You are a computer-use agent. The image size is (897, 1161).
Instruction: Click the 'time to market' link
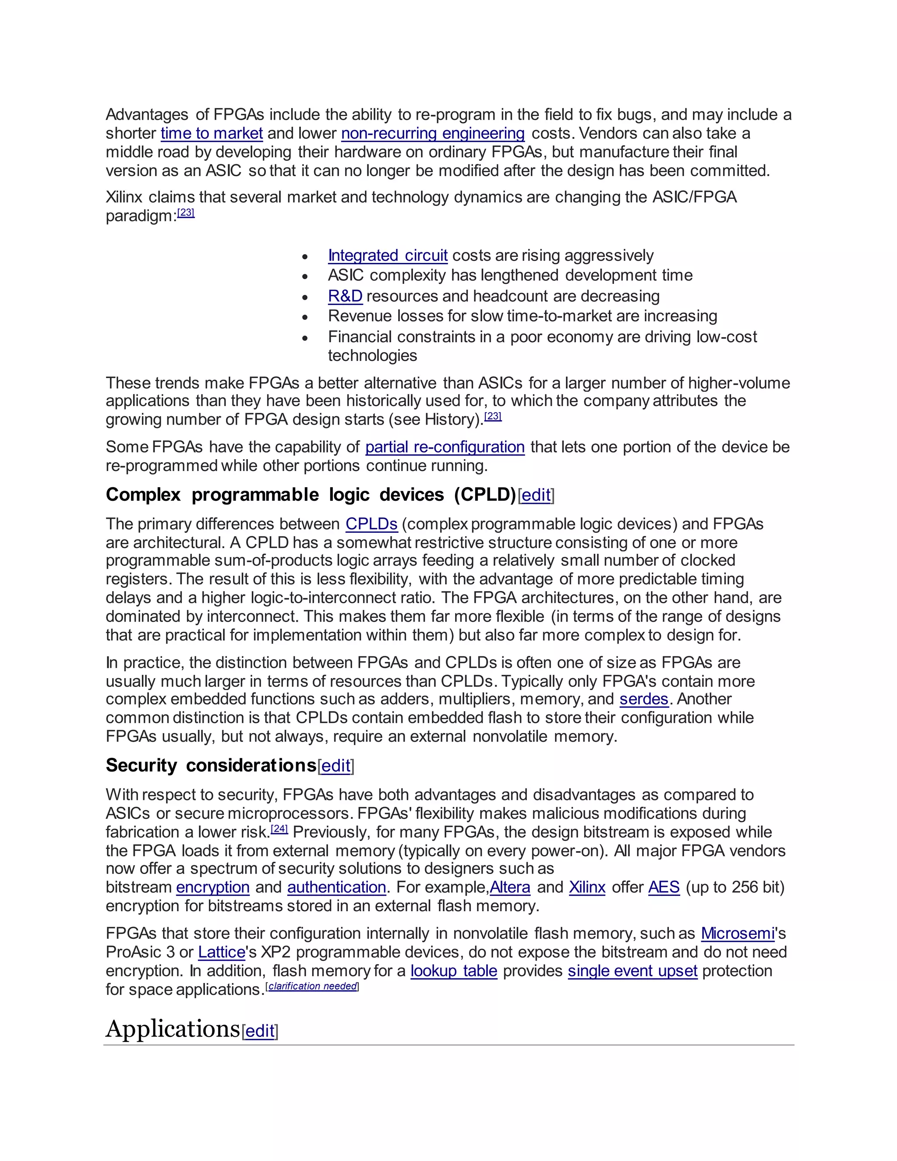coord(212,134)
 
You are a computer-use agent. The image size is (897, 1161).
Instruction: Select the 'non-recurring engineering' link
coord(433,134)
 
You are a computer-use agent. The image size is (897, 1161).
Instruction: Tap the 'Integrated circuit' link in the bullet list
coord(387,256)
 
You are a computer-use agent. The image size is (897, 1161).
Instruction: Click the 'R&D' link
coord(345,296)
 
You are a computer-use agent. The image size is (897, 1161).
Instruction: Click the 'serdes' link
coord(643,699)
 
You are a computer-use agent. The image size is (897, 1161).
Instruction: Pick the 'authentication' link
coord(336,887)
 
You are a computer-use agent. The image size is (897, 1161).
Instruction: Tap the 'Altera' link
coord(510,887)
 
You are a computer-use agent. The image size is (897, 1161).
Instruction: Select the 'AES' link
coord(664,887)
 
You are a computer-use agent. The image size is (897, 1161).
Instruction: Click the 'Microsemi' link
coord(738,934)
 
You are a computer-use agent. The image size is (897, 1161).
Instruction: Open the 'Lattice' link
coord(222,952)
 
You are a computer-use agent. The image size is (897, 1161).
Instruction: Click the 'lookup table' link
coord(454,971)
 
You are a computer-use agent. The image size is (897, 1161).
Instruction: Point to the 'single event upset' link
coord(632,971)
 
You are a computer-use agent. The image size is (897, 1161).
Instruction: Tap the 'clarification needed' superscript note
coord(312,986)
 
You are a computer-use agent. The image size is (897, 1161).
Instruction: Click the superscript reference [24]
coord(279,829)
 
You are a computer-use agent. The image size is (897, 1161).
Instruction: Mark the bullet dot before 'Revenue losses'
coord(305,317)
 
